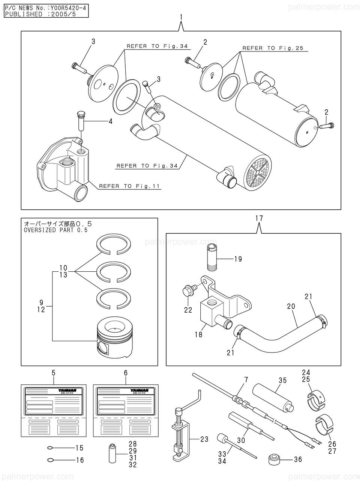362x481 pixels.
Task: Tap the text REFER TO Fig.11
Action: pos(130,186)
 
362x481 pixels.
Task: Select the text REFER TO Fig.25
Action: pos(272,48)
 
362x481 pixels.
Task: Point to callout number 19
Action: pos(238,259)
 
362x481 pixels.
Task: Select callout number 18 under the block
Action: pos(198,334)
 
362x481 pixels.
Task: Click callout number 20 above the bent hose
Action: pos(291,306)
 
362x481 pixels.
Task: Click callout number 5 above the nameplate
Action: pos(53,373)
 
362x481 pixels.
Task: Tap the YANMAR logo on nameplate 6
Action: pos(141,391)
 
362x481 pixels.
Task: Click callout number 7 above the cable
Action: pos(246,380)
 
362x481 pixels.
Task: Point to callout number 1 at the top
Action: pos(182,17)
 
